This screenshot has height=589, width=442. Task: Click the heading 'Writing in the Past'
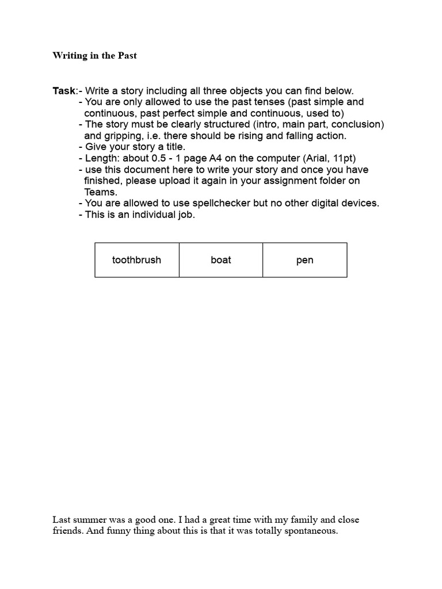pyautogui.click(x=95, y=56)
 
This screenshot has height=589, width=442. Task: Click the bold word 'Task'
pyautogui.click(x=64, y=91)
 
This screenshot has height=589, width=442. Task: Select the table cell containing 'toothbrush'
pyautogui.click(x=137, y=260)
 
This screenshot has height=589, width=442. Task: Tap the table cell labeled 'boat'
pyautogui.click(x=221, y=260)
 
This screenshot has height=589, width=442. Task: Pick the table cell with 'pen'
pyautogui.click(x=305, y=260)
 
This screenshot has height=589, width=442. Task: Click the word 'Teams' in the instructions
pyautogui.click(x=101, y=192)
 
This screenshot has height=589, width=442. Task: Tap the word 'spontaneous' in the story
pyautogui.click(x=310, y=531)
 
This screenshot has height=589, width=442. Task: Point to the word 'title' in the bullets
pyautogui.click(x=173, y=147)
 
